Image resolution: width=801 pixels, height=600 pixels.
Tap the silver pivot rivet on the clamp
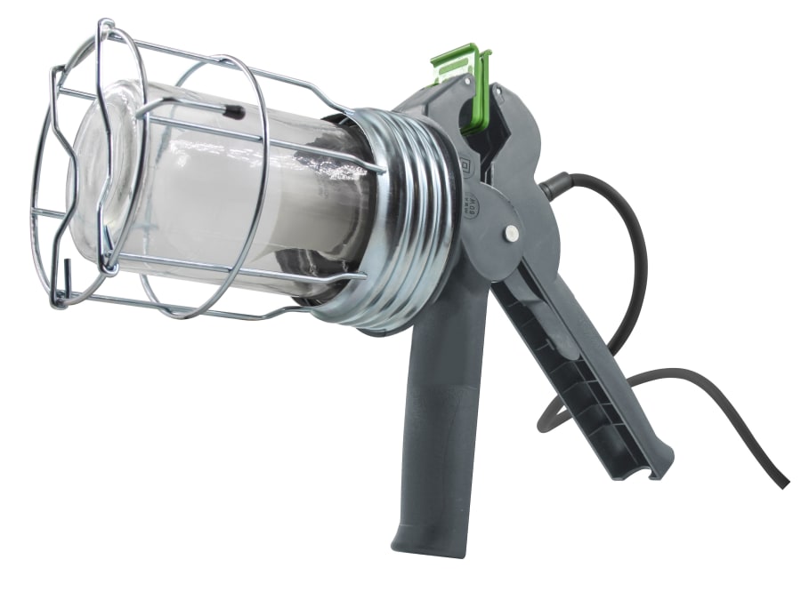click(512, 233)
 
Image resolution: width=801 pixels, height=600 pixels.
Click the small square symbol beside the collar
click(465, 165)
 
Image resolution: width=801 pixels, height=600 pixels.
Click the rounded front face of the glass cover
click(93, 178)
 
